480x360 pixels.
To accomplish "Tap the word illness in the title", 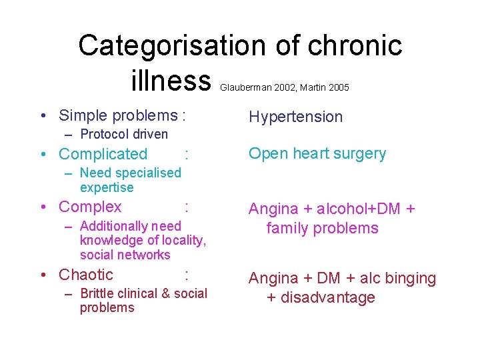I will (x=171, y=82).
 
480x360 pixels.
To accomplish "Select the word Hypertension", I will (x=295, y=117).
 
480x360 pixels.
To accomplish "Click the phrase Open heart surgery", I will (x=317, y=153).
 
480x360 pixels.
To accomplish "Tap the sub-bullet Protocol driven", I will (x=123, y=134).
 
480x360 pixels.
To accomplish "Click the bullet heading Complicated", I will (x=103, y=154).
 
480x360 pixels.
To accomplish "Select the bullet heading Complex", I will (x=90, y=207).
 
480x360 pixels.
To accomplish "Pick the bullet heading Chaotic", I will (x=86, y=275).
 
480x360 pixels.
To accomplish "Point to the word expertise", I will (x=107, y=187).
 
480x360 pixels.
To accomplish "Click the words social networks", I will (x=125, y=255).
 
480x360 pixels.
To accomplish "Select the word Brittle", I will (x=99, y=293).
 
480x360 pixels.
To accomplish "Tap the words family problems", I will (x=322, y=229).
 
